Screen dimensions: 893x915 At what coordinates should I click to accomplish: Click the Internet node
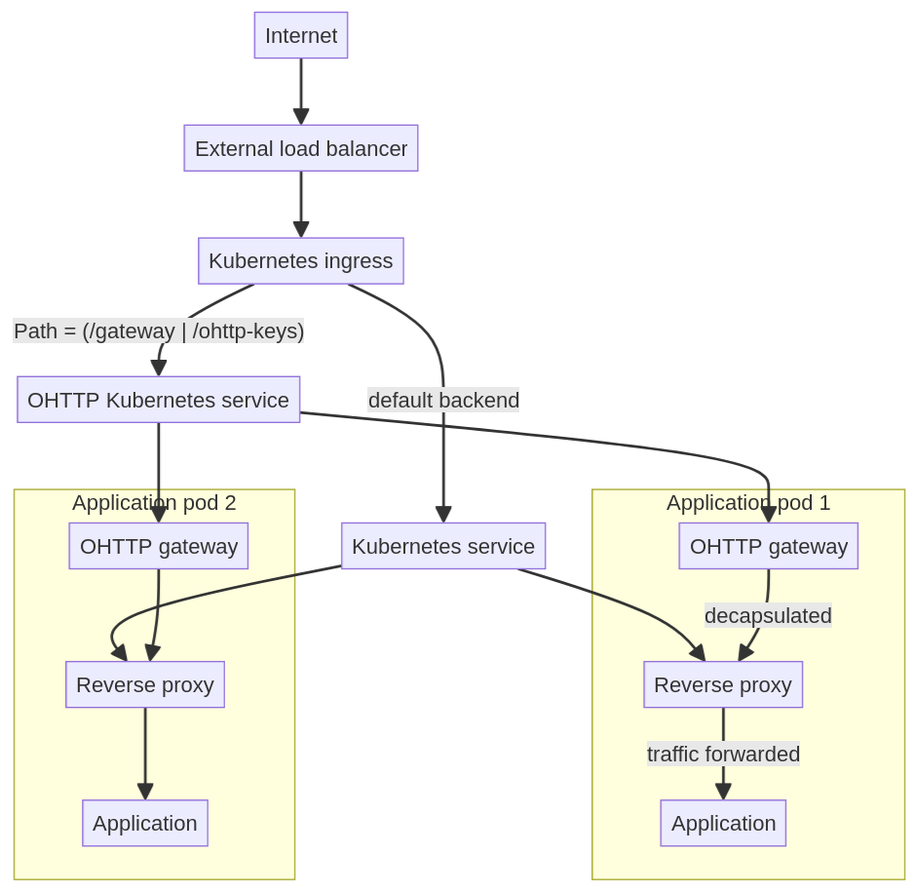(300, 35)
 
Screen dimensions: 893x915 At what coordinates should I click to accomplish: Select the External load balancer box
(300, 148)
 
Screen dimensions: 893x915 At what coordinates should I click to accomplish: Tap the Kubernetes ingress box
(300, 261)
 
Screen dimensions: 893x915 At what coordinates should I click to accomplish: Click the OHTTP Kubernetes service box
(158, 400)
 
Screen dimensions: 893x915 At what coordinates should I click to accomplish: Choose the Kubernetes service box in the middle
(442, 546)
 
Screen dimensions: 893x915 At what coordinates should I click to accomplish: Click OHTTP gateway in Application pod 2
(158, 546)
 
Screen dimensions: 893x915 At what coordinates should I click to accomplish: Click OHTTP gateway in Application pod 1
(768, 546)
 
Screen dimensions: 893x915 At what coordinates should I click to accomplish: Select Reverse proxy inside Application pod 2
(144, 684)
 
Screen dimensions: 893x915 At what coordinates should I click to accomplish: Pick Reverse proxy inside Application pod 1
(722, 684)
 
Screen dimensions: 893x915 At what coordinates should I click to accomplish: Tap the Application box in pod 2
(144, 823)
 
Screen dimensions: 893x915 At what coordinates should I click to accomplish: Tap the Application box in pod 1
(722, 823)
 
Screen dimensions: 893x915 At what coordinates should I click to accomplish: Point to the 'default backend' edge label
(442, 400)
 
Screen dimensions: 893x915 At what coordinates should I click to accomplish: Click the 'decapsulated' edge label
(768, 616)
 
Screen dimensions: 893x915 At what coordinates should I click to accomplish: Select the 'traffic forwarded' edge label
(723, 754)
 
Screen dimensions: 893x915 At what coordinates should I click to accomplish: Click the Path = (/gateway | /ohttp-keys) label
(158, 331)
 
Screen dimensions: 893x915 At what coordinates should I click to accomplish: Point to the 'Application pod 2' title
(154, 503)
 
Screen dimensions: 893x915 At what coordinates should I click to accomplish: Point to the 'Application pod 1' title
(748, 503)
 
